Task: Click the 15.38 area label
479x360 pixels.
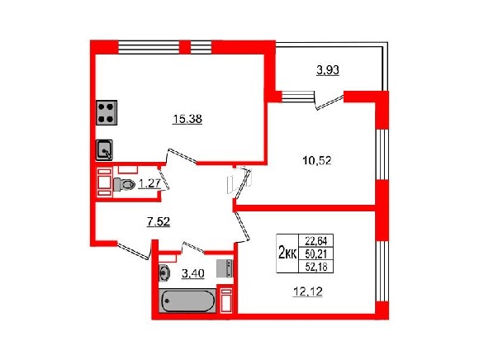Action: point(187,119)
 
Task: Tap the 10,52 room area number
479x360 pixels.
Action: point(317,160)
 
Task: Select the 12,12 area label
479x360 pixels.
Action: point(308,292)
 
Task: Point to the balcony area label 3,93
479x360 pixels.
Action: point(328,70)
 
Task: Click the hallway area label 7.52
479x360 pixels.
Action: point(159,222)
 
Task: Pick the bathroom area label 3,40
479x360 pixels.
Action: point(192,273)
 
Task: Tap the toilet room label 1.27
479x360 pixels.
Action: point(149,184)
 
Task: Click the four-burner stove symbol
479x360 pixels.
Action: point(107,112)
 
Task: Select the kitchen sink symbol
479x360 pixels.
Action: point(105,150)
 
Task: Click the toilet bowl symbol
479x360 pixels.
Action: point(124,184)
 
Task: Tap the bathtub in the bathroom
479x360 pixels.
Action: point(187,301)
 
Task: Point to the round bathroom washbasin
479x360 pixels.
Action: point(164,272)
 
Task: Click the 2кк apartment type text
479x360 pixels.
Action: point(287,253)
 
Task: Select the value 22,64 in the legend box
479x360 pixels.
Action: point(316,241)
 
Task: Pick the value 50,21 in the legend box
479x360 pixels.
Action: point(316,253)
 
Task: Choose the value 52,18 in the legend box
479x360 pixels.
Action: point(316,267)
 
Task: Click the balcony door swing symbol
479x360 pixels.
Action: point(329,102)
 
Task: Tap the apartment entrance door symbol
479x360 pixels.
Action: point(134,250)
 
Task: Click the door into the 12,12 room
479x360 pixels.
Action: point(242,226)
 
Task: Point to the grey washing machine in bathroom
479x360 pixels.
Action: point(225,268)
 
